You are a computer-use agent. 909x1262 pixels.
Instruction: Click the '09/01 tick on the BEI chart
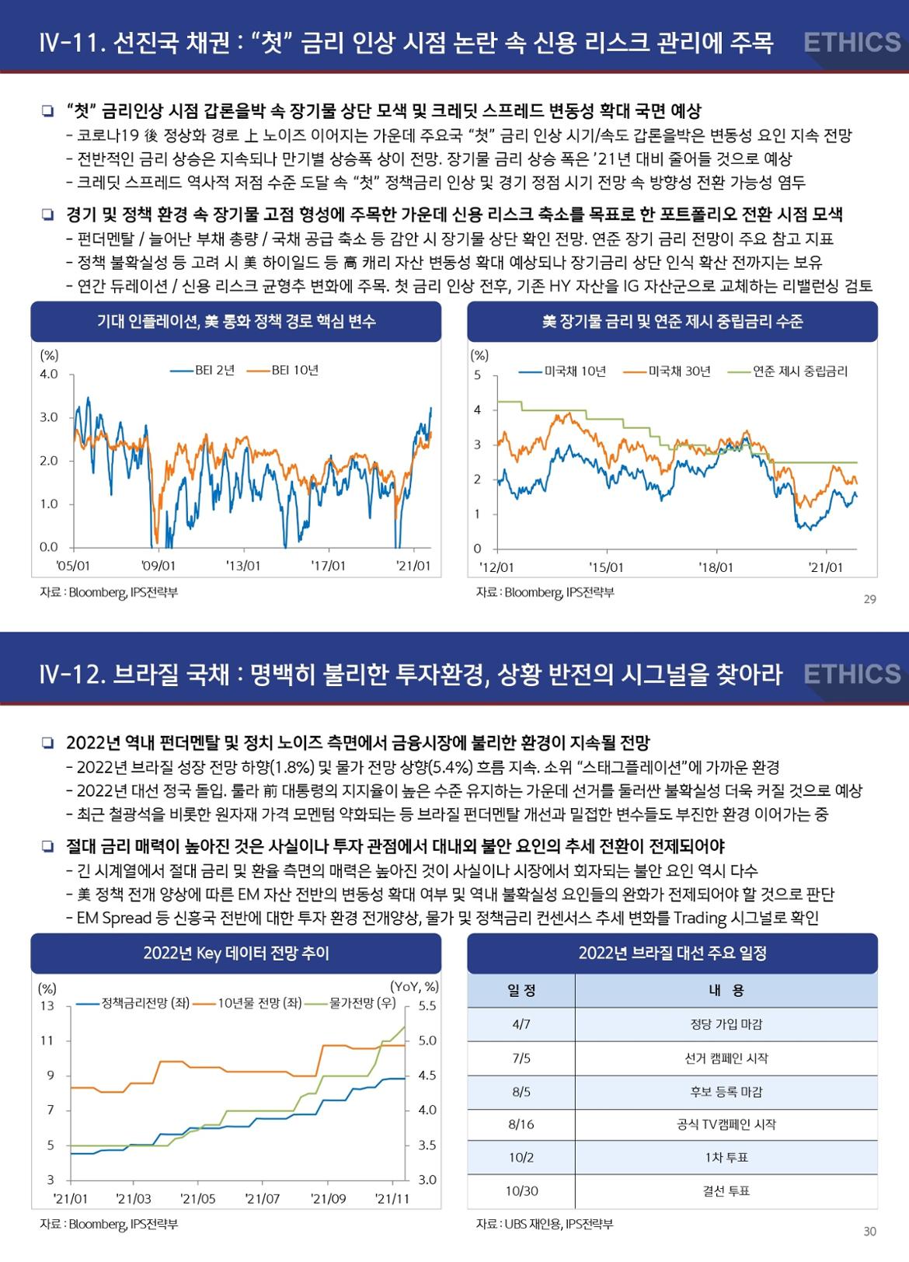(158, 566)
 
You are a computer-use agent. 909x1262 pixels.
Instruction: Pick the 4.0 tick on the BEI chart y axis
(49, 375)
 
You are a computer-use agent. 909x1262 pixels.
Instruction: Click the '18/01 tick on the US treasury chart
(716, 567)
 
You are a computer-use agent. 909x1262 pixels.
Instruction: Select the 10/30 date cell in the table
(521, 1191)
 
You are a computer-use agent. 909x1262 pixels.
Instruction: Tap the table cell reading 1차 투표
(726, 1158)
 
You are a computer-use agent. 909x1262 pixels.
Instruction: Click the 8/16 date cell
(521, 1124)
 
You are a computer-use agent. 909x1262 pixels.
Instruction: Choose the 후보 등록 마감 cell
(726, 1092)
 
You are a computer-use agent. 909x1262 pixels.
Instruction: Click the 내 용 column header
(726, 991)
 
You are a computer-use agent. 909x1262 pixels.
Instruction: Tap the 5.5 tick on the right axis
(427, 1006)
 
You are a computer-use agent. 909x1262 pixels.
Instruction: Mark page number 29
(869, 599)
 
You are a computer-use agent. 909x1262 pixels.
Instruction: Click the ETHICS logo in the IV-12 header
(852, 674)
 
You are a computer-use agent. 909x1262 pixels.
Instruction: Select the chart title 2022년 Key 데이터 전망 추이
(236, 953)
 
